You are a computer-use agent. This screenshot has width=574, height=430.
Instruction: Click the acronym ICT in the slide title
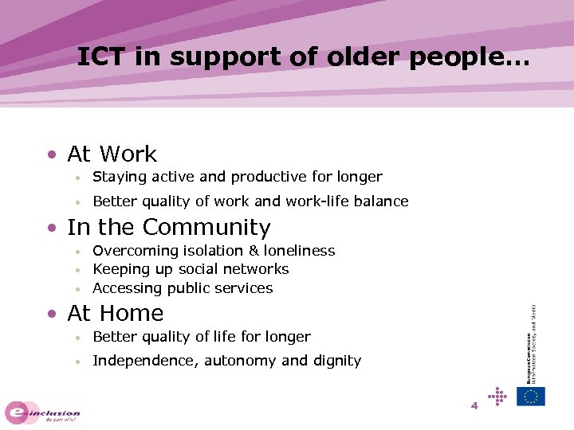[102, 57]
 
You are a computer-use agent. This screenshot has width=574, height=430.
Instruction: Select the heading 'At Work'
[112, 154]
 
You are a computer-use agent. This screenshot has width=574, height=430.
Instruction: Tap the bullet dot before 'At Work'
[51, 154]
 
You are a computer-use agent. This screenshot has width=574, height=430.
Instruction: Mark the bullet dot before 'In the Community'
[51, 229]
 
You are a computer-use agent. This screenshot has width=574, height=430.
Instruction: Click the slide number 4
[474, 406]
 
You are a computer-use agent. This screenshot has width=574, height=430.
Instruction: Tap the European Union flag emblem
[531, 396]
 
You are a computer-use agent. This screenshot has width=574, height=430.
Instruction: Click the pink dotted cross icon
[497, 395]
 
